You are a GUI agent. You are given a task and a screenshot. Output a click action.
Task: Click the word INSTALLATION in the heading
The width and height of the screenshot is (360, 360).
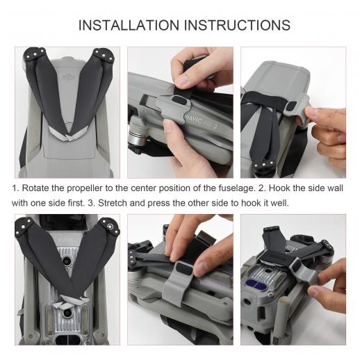[x=129, y=25]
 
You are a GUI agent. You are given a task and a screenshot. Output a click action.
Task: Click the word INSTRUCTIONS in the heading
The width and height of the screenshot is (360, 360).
[x=237, y=25]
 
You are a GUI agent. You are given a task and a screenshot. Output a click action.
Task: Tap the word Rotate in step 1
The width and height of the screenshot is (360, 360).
[x=35, y=188]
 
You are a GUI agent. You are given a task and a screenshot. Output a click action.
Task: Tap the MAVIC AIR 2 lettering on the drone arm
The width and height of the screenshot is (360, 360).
[x=201, y=121]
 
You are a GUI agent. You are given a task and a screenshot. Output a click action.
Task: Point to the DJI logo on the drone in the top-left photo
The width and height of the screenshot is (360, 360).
[x=69, y=79]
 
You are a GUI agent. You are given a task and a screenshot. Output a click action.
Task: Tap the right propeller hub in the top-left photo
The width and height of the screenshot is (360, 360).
[x=104, y=55]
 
